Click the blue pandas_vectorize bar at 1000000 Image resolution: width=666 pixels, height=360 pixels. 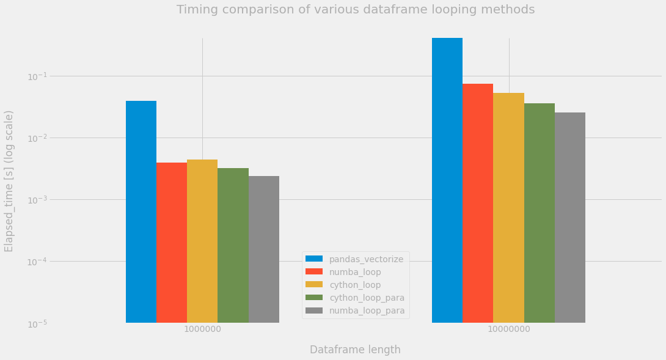click(x=141, y=211)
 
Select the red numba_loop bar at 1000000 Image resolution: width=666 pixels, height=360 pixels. click(x=172, y=243)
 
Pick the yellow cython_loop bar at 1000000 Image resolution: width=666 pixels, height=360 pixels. click(x=202, y=241)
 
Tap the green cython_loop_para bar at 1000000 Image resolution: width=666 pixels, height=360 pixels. click(x=233, y=245)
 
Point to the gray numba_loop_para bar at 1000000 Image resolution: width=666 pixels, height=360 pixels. click(x=264, y=249)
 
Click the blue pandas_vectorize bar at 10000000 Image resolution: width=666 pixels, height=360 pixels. click(x=447, y=180)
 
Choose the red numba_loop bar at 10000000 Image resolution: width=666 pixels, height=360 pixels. click(x=478, y=203)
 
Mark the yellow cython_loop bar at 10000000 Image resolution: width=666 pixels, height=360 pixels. click(x=508, y=208)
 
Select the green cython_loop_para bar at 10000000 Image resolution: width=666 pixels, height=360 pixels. click(x=540, y=213)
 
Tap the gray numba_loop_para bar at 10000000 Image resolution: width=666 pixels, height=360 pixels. click(x=570, y=218)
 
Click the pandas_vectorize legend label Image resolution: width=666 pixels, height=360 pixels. click(x=366, y=259)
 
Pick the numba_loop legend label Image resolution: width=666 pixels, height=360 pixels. click(x=355, y=272)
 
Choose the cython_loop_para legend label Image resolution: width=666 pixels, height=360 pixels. click(x=367, y=298)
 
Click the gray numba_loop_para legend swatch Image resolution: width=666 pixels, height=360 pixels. click(x=314, y=310)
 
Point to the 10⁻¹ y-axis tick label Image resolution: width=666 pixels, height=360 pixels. click(x=37, y=76)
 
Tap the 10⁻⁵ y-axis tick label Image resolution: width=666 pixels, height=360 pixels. click(x=37, y=324)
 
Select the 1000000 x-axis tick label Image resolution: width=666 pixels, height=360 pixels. click(x=203, y=329)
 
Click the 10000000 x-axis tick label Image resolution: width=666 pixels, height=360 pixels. click(x=509, y=329)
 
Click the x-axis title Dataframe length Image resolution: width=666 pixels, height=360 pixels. click(x=355, y=350)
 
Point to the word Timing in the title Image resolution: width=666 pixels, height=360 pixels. click(x=196, y=10)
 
